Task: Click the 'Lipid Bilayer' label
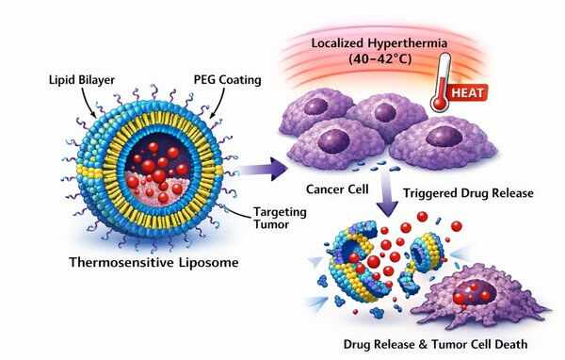[x=82, y=80]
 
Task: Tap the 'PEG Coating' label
[x=227, y=80]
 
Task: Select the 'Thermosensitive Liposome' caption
[x=153, y=262]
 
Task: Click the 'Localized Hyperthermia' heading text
[x=379, y=43]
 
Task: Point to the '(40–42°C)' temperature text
[x=379, y=58]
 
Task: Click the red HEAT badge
[x=467, y=92]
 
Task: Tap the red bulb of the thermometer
[x=440, y=103]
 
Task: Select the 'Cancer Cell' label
[x=337, y=189]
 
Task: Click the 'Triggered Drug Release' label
[x=468, y=193]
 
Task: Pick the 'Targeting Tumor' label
[x=280, y=218]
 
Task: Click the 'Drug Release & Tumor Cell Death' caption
[x=435, y=344]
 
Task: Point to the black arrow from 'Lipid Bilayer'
[x=87, y=103]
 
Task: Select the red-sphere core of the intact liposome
[x=157, y=169]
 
